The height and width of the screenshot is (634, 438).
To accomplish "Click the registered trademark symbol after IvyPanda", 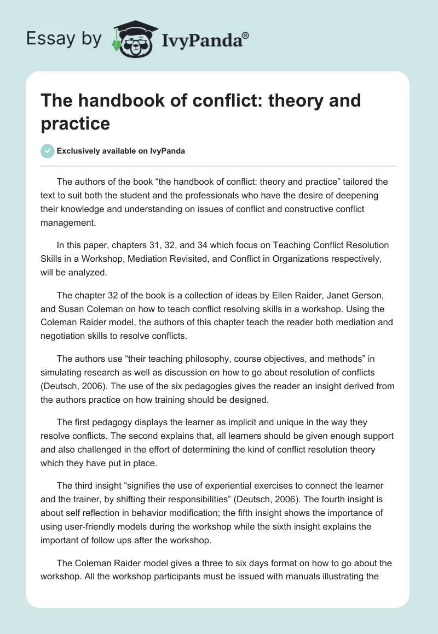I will pyautogui.click(x=246, y=36).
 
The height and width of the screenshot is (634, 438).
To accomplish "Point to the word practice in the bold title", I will pyautogui.click(x=76, y=124).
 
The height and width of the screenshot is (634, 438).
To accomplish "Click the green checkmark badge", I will pyautogui.click(x=48, y=151).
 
